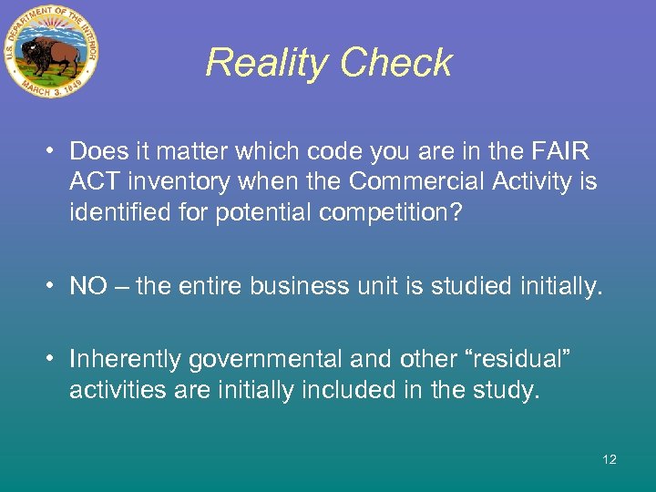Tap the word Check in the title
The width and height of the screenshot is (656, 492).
pos(397,63)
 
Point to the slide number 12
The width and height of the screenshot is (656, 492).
pos(610,459)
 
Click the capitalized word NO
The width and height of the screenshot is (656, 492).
pos(88,287)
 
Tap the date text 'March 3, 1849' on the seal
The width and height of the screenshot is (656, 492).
pos(52,91)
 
